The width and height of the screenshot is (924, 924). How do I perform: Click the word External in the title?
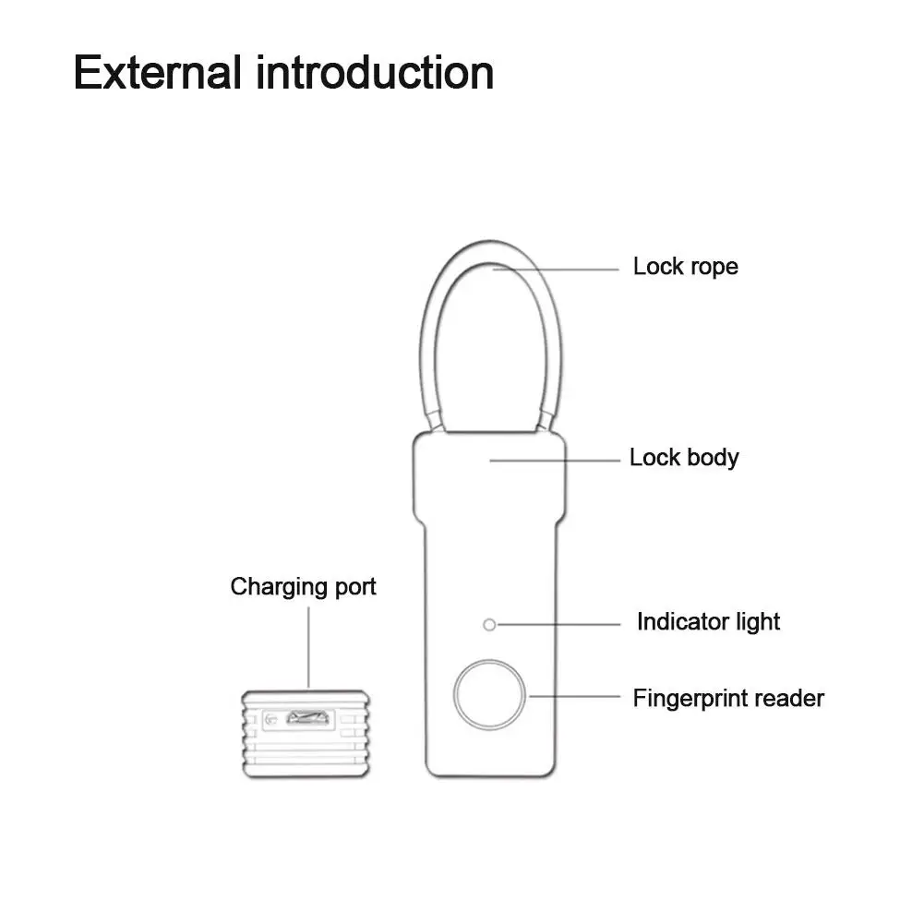click(x=158, y=72)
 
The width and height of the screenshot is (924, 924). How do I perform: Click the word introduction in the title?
click(x=374, y=72)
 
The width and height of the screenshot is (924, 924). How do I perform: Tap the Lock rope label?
click(x=685, y=267)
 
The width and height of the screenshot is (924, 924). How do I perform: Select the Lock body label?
click(x=684, y=457)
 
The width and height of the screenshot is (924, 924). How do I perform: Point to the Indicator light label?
click(x=708, y=621)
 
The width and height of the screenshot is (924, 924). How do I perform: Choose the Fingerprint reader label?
click(x=727, y=698)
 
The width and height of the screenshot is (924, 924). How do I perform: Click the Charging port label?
click(x=303, y=586)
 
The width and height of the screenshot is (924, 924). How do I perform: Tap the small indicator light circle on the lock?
click(x=490, y=625)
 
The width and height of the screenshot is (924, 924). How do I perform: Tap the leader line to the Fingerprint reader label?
click(x=577, y=698)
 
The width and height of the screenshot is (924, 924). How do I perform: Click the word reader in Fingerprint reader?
click(x=789, y=698)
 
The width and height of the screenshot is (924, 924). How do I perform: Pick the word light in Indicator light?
click(x=758, y=621)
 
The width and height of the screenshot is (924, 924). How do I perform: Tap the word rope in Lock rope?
click(x=713, y=267)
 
